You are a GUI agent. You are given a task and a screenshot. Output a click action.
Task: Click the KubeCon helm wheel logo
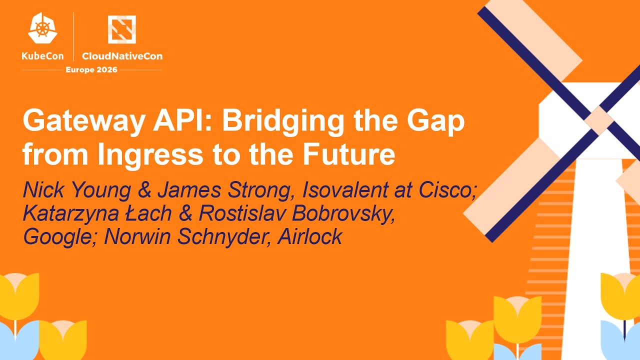[x=42, y=28]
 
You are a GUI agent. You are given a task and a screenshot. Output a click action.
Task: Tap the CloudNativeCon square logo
[x=122, y=29]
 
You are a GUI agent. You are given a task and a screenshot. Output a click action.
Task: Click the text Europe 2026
[x=91, y=69]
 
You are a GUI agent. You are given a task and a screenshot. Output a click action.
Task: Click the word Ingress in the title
[x=150, y=154]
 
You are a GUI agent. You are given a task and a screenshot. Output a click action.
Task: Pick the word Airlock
[x=309, y=236]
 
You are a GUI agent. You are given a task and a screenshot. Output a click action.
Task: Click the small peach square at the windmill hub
[x=598, y=120]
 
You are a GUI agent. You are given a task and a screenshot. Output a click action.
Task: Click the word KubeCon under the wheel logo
[x=42, y=56]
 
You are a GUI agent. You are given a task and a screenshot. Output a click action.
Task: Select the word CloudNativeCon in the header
[x=122, y=56]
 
